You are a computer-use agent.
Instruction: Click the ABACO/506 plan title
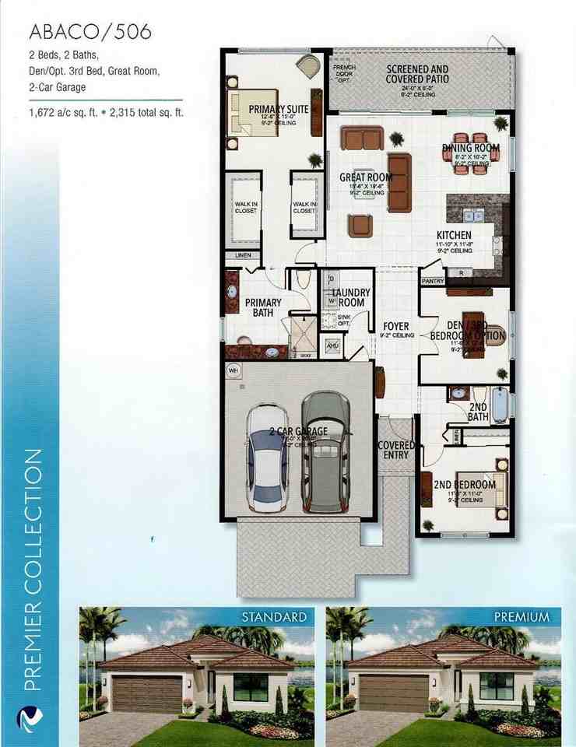90,33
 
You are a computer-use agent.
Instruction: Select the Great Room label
365,177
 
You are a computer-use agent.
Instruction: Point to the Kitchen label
454,235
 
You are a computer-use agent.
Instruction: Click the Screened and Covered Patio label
417,74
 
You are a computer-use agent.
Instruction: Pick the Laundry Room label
351,297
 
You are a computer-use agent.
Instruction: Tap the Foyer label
396,326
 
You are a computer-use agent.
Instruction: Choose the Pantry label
431,281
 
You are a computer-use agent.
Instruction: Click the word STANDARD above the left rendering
273,617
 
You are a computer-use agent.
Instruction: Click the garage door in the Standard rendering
147,692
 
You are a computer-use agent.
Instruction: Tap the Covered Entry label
396,450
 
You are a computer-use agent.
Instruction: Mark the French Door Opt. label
343,73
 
